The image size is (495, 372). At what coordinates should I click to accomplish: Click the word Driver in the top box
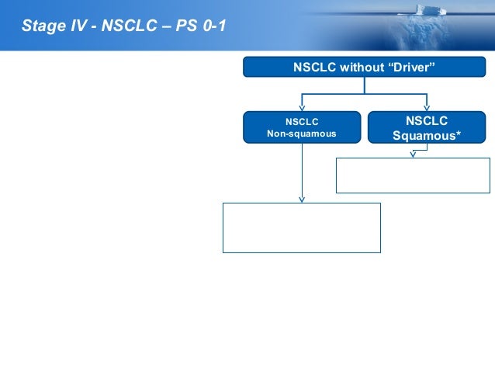coord(411,68)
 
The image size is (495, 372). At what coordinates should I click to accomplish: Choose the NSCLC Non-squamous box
coord(301,127)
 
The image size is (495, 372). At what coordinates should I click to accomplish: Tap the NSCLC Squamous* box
coord(427,127)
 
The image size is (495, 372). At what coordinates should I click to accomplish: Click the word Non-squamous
coord(301,134)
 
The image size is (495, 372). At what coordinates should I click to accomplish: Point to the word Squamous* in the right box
coord(427,135)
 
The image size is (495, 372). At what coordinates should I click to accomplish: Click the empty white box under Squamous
coord(413,175)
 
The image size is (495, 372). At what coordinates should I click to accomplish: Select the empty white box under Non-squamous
coord(301,228)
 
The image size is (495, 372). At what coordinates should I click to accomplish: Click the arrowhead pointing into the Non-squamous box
coord(301,108)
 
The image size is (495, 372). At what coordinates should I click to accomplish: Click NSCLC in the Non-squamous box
coord(301,121)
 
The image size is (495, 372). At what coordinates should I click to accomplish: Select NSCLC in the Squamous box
coord(427,120)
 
